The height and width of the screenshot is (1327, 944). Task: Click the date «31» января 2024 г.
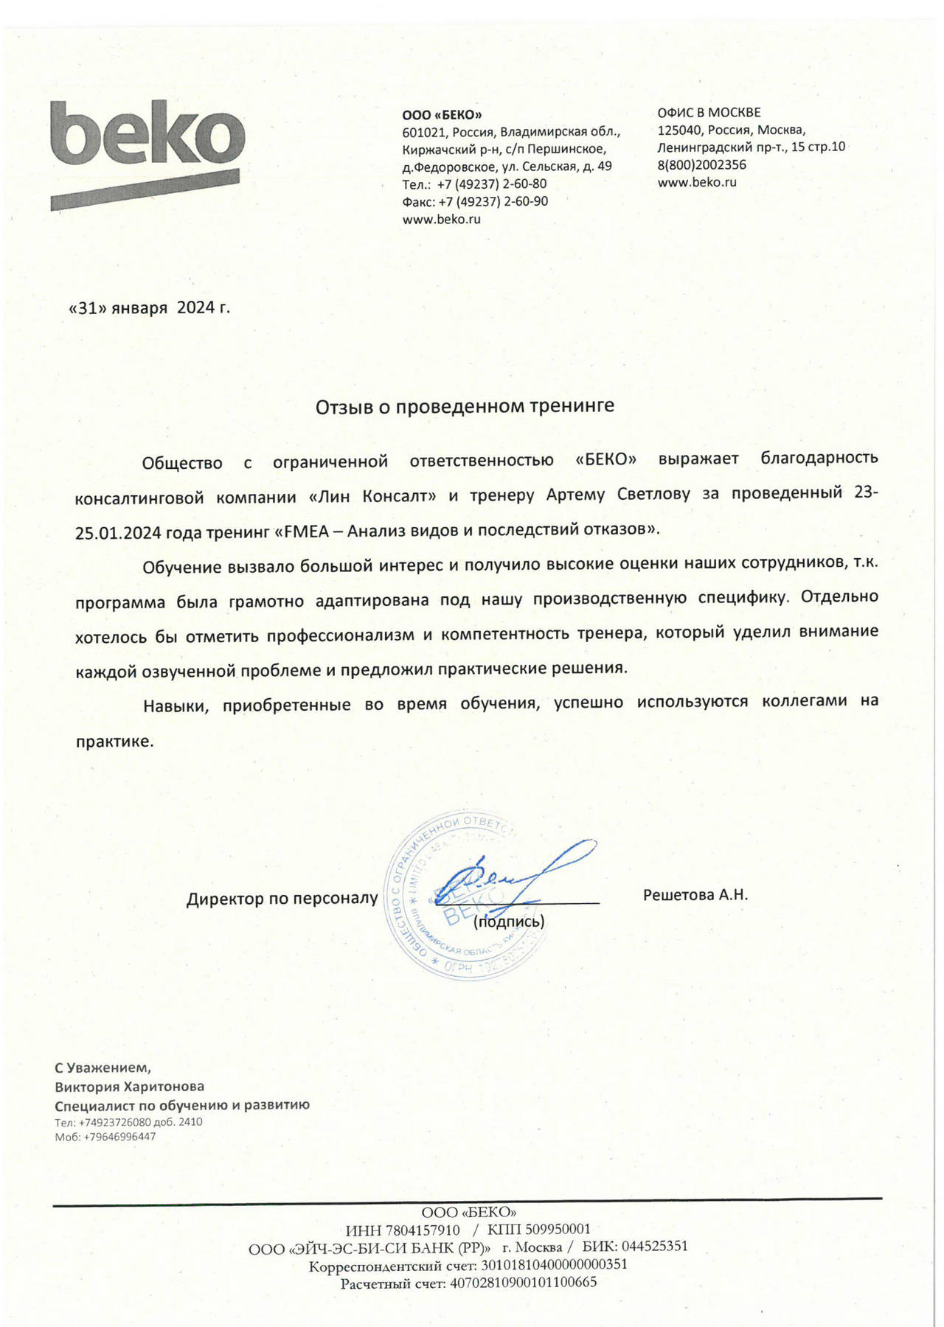click(149, 307)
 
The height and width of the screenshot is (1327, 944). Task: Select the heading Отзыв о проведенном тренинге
click(465, 405)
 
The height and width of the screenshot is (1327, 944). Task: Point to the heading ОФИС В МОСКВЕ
click(709, 113)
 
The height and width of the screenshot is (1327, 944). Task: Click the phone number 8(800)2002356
click(701, 165)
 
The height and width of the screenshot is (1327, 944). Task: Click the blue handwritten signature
click(516, 877)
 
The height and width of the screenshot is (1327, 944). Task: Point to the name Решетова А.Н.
click(695, 895)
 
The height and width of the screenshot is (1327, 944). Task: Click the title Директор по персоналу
click(282, 899)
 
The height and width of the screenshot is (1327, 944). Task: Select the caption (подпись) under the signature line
click(509, 922)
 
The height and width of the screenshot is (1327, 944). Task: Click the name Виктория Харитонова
click(130, 1087)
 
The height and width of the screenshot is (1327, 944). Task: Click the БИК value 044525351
click(654, 1247)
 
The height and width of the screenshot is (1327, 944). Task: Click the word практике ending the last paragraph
click(114, 741)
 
